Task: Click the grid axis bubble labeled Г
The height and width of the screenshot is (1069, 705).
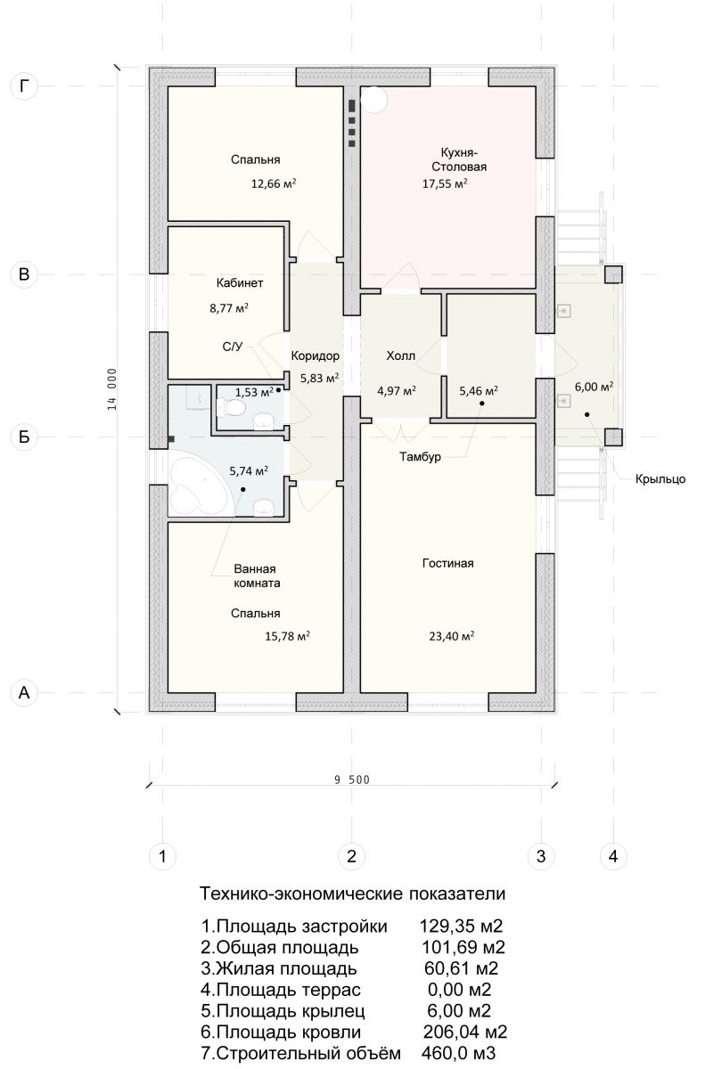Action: tap(24, 86)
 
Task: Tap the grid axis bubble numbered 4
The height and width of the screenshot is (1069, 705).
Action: tap(613, 856)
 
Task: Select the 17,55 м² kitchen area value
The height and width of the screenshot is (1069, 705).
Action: tap(445, 184)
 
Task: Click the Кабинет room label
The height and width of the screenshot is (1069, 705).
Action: tap(240, 283)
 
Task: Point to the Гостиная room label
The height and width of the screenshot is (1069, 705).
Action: tap(447, 563)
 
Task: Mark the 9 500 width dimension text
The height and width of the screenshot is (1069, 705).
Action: tap(352, 779)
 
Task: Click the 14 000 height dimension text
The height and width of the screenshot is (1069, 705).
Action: tap(111, 389)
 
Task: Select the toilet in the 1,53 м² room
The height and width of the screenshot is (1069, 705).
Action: tap(231, 408)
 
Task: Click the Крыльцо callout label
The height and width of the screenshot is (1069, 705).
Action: tap(660, 478)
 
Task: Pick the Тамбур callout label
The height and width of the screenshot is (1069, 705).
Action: tap(420, 457)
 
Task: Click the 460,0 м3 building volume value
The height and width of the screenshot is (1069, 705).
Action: tap(458, 1052)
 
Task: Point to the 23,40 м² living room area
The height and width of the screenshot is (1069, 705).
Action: tap(452, 636)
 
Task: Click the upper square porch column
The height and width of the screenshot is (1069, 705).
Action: tap(613, 274)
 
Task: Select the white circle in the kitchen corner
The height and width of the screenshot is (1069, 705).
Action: tap(373, 99)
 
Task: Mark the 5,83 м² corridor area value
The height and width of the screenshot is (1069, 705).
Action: tap(319, 378)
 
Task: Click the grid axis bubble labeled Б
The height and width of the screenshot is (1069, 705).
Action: tap(24, 437)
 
